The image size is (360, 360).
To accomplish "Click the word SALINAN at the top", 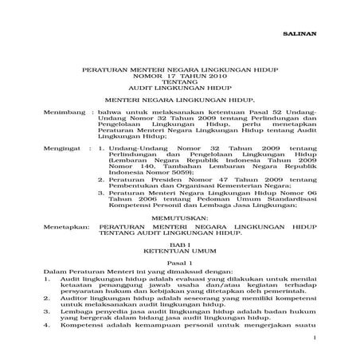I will [297, 36].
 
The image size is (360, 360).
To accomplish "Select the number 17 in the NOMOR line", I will [173, 78].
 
